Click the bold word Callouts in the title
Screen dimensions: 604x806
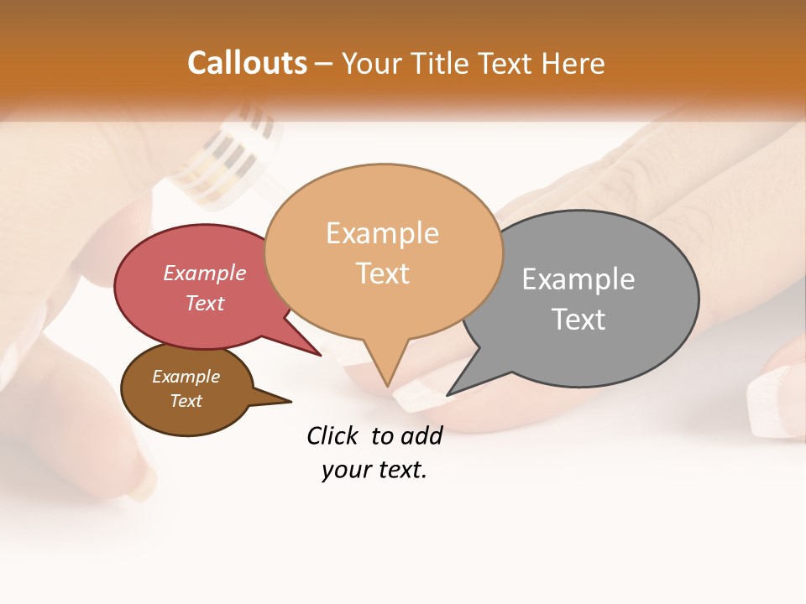coord(247,63)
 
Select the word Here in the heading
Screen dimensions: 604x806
coord(574,63)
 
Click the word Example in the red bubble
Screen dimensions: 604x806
coord(205,273)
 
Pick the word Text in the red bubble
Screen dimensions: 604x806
coord(205,303)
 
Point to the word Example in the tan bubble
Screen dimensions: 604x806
coord(382,232)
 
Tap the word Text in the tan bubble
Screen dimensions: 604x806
coord(382,273)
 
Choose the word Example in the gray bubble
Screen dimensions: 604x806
coord(578,279)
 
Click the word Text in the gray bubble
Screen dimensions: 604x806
coord(578,319)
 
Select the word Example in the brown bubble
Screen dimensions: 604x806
coord(186,377)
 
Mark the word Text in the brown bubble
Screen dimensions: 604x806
coord(186,401)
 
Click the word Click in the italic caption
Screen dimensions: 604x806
coord(333,435)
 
